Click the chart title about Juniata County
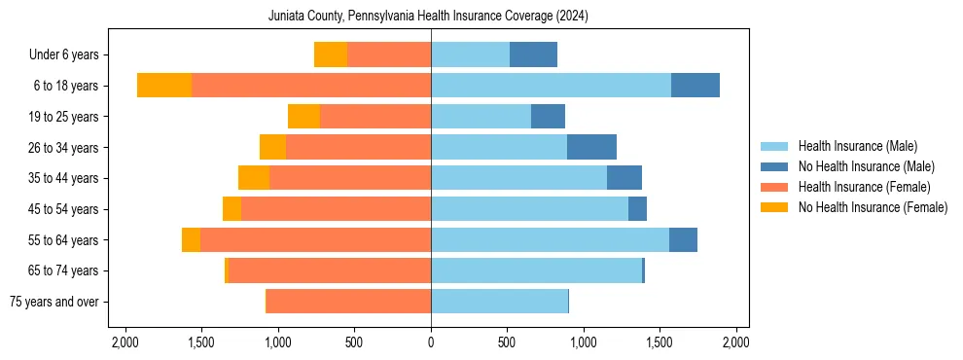pos(428,17)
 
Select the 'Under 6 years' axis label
pos(69,54)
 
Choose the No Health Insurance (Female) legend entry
pos(873,207)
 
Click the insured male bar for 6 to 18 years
pos(551,86)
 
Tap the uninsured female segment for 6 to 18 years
pos(164,86)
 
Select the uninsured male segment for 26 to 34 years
pos(591,147)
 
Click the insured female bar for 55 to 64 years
pos(315,239)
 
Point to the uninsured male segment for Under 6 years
pos(533,54)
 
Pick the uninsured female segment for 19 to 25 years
pos(303,117)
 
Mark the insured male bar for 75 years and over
pos(499,302)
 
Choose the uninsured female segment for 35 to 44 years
pos(254,178)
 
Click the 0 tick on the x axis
pos(431,342)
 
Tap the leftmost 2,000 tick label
pos(125,342)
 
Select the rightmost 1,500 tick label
pos(660,342)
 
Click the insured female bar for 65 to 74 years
pos(378,270)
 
